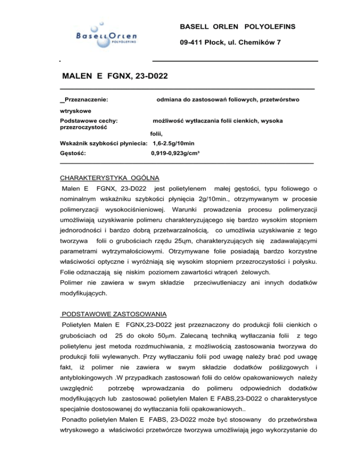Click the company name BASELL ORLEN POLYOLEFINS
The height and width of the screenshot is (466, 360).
pos(238,27)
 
